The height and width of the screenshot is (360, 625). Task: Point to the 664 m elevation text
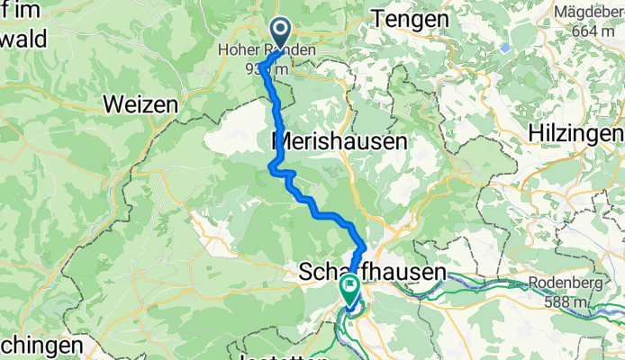[593, 31]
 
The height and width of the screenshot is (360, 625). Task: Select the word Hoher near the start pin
[237, 51]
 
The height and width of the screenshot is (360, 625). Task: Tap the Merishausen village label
[340, 141]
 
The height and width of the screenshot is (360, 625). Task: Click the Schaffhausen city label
[371, 272]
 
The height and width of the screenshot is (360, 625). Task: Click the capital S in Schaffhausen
[305, 272]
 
